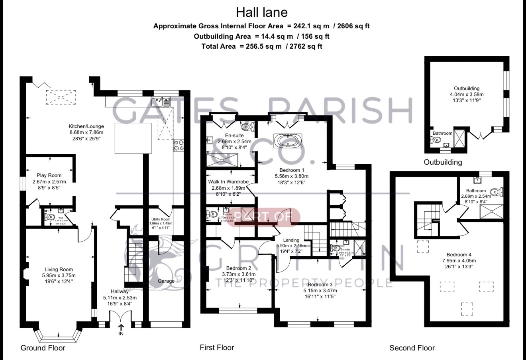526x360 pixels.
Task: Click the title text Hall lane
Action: (x=261, y=12)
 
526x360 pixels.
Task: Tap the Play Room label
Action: (x=49, y=175)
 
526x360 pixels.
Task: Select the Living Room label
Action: (x=59, y=270)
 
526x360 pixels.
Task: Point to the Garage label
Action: (x=166, y=281)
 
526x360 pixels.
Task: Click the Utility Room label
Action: (x=161, y=219)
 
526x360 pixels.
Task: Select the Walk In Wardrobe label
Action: (x=228, y=182)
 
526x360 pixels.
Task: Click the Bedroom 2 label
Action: (x=239, y=268)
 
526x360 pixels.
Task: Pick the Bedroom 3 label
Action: (x=320, y=284)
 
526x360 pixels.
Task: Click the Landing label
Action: (x=291, y=240)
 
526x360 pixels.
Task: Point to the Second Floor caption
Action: (x=412, y=348)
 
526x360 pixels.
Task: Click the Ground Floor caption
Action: (x=43, y=348)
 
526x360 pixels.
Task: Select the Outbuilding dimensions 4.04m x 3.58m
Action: (x=466, y=94)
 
